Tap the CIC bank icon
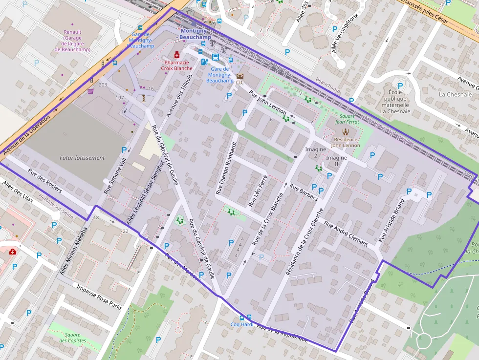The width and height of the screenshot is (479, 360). coord(239,76)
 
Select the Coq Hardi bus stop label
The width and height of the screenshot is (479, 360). coord(242,324)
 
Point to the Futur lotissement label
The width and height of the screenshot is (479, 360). coord(82,158)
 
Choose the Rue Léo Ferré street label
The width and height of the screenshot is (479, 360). coord(258,190)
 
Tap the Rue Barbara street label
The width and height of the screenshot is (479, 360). coord(304,192)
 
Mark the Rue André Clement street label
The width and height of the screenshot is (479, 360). coord(346,233)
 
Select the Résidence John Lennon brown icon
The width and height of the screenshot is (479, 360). coord(346,131)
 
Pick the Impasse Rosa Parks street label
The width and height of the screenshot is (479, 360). coord(99,296)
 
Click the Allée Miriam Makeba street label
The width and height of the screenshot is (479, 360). coord(74,251)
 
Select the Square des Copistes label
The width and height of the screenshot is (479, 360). coord(72,338)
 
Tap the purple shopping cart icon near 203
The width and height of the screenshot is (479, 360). coord(90,91)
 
